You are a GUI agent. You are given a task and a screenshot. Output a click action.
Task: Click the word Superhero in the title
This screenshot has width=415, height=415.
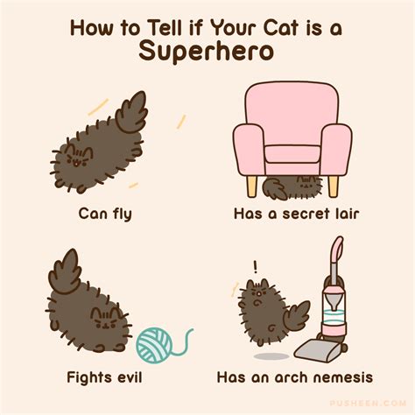tap(207, 52)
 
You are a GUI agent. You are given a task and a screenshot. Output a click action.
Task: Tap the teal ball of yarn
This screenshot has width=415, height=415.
tap(155, 346)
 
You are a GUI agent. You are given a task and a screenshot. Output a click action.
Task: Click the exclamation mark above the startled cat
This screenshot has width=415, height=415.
tap(256, 267)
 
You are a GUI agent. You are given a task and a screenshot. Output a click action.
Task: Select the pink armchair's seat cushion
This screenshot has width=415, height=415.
tap(292, 154)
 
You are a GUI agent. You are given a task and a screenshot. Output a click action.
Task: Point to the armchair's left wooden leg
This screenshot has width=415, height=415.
tap(252, 186)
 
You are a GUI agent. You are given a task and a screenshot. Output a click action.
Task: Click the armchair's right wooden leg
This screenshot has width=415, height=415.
tap(333, 186)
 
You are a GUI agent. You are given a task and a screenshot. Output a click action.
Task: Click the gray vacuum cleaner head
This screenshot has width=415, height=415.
tap(318, 349)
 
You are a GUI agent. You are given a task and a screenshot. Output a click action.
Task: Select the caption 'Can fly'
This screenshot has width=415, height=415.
tap(105, 215)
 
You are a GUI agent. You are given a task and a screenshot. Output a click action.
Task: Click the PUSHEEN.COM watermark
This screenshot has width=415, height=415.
tap(368, 404)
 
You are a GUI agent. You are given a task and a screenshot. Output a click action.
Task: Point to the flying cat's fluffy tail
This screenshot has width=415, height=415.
tap(132, 111)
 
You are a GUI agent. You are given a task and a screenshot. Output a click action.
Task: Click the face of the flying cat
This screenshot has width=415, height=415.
tap(78, 158)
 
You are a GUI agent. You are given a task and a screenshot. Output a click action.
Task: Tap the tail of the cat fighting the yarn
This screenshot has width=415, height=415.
tap(65, 272)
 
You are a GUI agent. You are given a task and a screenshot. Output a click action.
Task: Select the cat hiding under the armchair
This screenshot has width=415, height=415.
tap(292, 186)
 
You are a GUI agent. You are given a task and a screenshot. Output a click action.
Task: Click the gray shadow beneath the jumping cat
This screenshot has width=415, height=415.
tap(271, 356)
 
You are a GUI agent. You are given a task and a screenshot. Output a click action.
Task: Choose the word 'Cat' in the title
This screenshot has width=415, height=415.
tap(280, 28)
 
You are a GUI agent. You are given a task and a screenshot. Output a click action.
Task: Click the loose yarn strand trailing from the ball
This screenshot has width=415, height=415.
tap(183, 343)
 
